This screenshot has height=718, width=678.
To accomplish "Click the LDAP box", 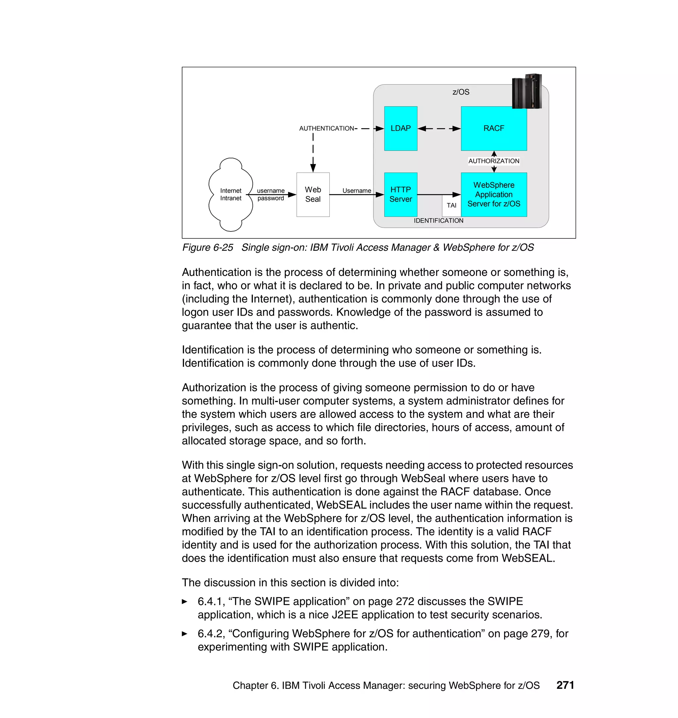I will [x=401, y=128].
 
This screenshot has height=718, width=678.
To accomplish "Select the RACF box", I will [x=494, y=128].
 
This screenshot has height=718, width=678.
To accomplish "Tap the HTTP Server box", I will [x=401, y=194].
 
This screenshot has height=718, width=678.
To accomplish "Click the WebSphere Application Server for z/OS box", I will [x=494, y=194].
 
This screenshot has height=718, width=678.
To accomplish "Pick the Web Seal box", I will [x=313, y=194].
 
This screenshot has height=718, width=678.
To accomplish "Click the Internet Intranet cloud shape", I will [x=230, y=194].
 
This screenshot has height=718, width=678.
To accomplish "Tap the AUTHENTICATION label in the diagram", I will [x=326, y=128].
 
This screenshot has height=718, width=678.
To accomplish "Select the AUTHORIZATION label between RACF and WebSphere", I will [x=494, y=161].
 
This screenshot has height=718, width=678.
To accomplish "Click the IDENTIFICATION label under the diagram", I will [x=438, y=221].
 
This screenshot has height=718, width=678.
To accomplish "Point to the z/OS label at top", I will [x=461, y=92].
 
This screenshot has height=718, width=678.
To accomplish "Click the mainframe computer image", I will [x=527, y=91].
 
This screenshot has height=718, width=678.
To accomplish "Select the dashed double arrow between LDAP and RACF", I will [x=439, y=128].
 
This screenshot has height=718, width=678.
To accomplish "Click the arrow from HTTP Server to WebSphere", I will [x=439, y=194].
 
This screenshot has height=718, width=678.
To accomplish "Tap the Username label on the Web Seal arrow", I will [x=357, y=190].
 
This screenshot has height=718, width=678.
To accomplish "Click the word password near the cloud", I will [x=271, y=198].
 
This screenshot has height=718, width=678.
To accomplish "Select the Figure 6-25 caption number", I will [x=208, y=248].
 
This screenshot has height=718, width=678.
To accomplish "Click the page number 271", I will [x=565, y=685].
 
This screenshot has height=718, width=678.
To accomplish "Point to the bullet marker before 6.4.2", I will [x=185, y=634].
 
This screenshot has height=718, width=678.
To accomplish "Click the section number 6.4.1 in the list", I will [x=210, y=601].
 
